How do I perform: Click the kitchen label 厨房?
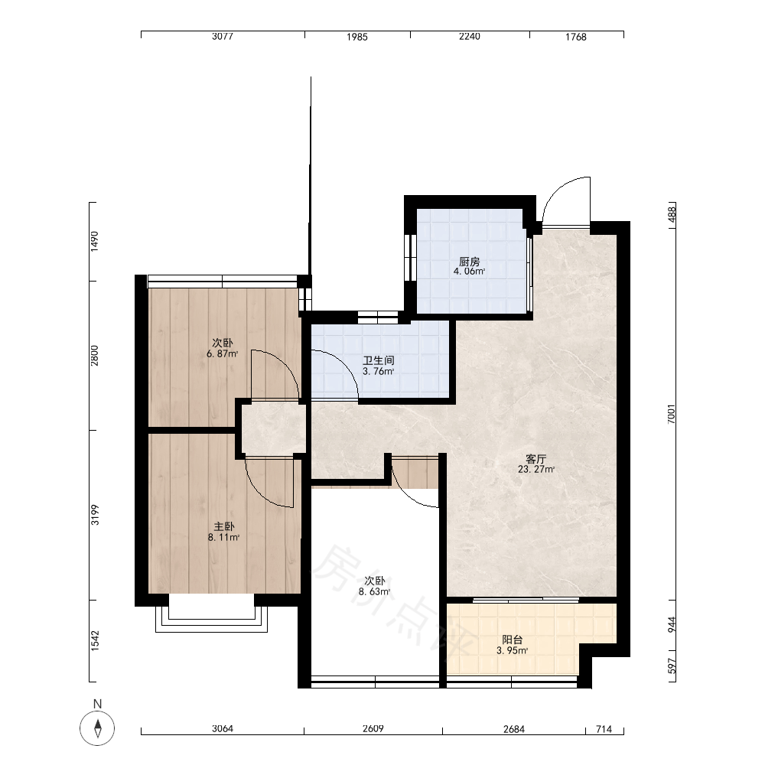coord(470,262)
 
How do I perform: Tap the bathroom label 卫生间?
coord(378,361)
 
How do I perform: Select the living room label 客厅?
coord(535,459)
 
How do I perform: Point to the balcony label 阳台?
coord(513,640)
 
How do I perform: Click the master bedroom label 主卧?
coord(224,527)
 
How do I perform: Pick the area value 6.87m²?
coord(223,353)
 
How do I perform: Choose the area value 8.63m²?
coord(374,592)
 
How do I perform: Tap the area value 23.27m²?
coord(535,470)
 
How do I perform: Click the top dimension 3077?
coord(223,37)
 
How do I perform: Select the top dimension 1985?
coord(357,37)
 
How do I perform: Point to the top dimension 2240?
coord(470,37)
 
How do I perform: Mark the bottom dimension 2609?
coord(373,728)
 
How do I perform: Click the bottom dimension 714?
coord(604,729)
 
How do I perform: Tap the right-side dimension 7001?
coord(672,414)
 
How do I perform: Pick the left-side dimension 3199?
coord(95,515)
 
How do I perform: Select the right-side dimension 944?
coord(672,625)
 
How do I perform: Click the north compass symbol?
coord(98,728)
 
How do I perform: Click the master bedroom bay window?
coord(211,619)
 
